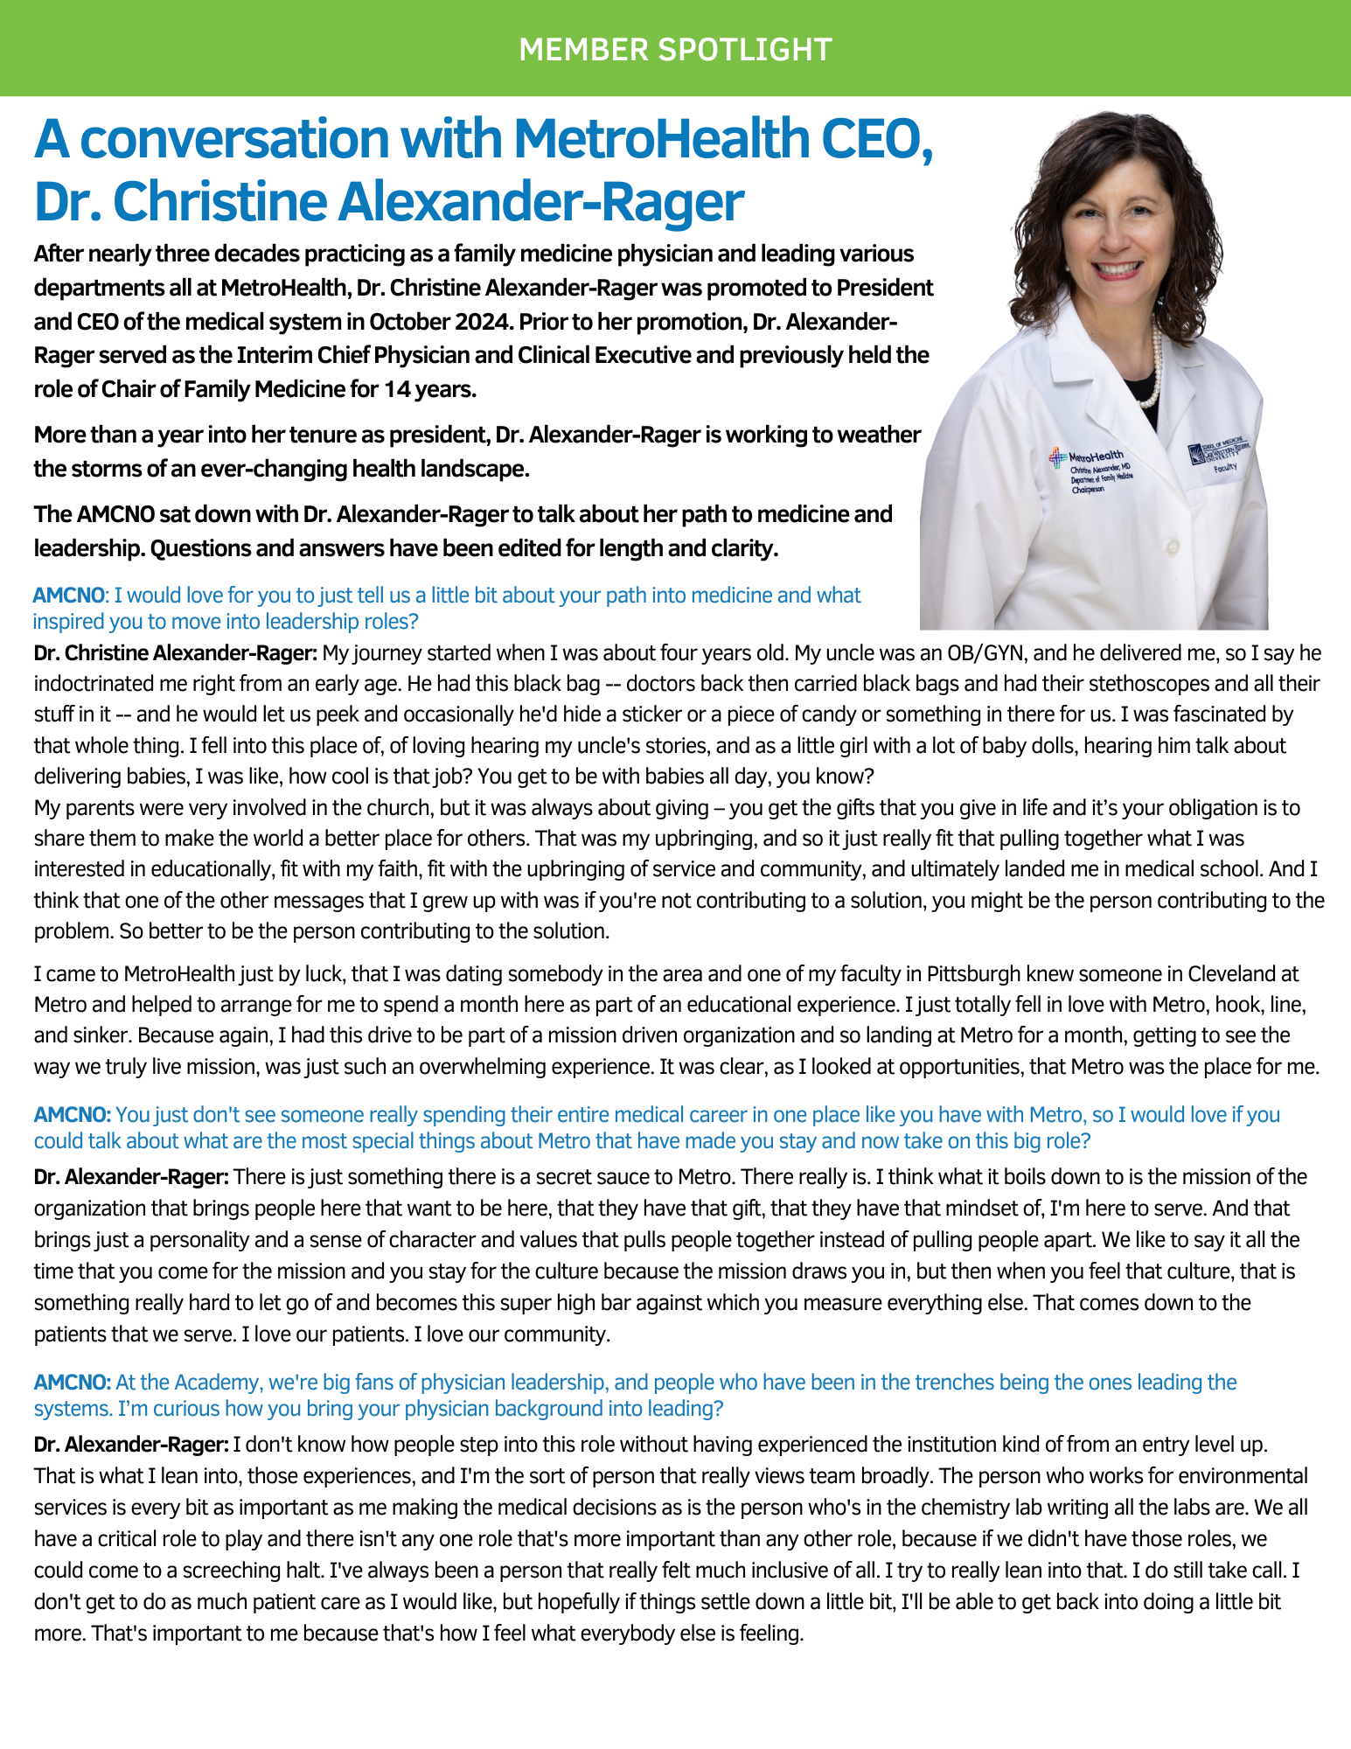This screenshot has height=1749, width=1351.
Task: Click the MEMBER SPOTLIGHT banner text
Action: (675, 50)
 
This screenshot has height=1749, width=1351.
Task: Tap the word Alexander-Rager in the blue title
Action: (541, 201)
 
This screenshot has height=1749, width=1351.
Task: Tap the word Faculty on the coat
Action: (1224, 468)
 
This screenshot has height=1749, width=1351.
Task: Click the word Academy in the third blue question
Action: (219, 1383)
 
